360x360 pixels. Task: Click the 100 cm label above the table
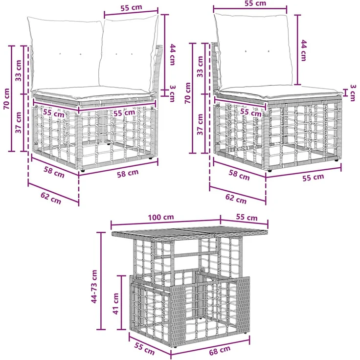161,217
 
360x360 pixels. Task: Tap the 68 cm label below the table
220,350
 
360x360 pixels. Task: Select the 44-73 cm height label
94,286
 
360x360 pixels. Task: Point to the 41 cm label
115,304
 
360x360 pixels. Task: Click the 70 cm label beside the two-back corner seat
6,99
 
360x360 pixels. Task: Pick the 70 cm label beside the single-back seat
188,93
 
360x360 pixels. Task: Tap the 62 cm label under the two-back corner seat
51,198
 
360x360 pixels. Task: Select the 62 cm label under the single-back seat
236,199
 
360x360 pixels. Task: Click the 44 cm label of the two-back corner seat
173,55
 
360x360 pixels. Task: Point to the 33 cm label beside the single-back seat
200,67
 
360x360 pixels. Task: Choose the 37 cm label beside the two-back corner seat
18,123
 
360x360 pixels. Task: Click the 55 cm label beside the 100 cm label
247,217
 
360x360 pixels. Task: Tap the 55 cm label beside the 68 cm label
144,348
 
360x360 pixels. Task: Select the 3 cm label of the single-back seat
353,93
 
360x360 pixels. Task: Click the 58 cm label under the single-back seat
239,175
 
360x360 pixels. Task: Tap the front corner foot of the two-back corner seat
83,171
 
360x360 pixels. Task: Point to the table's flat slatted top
190,232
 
